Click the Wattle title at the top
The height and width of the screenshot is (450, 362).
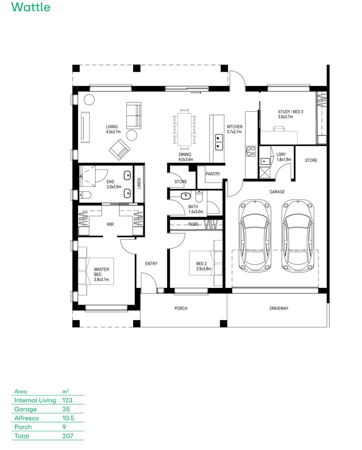pyautogui.click(x=31, y=7)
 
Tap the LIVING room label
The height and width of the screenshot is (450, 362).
pyautogui.click(x=112, y=127)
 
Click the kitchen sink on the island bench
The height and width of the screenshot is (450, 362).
pyautogui.click(x=219, y=142)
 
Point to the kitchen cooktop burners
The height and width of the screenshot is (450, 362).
pyautogui.click(x=251, y=151)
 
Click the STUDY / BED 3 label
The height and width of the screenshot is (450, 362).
pyautogui.click(x=291, y=112)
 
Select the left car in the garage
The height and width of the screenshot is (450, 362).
pyautogui.click(x=255, y=236)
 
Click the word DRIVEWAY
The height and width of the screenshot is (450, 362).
pyautogui.click(x=279, y=308)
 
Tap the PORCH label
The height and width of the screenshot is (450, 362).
pyautogui.click(x=181, y=308)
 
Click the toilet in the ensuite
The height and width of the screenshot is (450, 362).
pyautogui.click(x=85, y=195)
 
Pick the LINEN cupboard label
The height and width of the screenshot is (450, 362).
pyautogui.click(x=139, y=184)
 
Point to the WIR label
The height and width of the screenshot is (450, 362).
pyautogui.click(x=110, y=224)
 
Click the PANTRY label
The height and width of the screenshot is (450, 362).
pyautogui.click(x=213, y=174)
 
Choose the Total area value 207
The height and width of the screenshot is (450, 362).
pyautogui.click(x=68, y=436)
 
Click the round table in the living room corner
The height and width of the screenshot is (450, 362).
pyautogui.click(x=90, y=100)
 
